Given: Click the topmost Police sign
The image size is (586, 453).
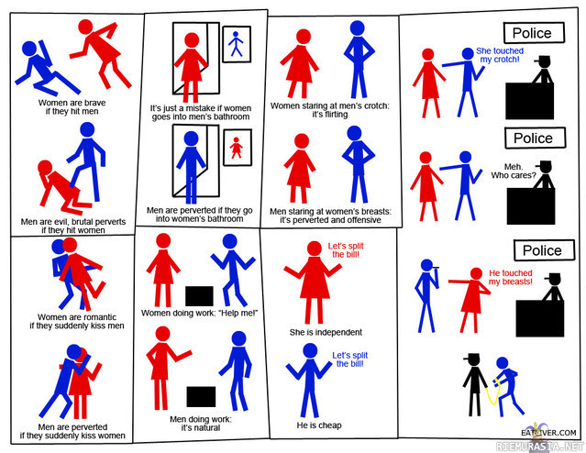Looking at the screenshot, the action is point(534,33).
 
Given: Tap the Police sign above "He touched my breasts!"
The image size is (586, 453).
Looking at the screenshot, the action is point(544,250).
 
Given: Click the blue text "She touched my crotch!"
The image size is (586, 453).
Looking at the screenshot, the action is point(500,55).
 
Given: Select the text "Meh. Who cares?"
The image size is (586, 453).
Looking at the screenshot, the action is point(514,171).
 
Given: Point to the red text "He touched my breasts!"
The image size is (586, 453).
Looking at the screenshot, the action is point(511,277).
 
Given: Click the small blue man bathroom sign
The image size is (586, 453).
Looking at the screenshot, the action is point(237,44).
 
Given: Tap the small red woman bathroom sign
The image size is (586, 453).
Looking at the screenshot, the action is point(238,148).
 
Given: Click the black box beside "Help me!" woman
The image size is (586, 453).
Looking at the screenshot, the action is point(199,296).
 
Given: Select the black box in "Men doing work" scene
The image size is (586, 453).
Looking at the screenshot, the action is point(201,396).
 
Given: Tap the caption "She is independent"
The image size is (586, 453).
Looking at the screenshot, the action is point(326,332).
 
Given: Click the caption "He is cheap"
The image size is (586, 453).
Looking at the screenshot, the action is point(319,425).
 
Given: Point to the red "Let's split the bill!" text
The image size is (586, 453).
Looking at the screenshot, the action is point(346,250).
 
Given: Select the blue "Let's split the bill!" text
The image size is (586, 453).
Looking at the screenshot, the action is point(349,359).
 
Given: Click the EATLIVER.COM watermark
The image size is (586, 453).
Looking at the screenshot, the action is point(548,433).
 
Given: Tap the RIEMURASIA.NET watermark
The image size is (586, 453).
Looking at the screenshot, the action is point(539,446).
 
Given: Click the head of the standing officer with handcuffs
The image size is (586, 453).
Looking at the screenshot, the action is point(473,360).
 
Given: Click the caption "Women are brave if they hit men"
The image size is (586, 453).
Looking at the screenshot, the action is point(72,107).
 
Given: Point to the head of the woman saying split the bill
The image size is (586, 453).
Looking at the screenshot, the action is point(315,249).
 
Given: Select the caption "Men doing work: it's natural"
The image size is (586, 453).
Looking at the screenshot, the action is point(201,424).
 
